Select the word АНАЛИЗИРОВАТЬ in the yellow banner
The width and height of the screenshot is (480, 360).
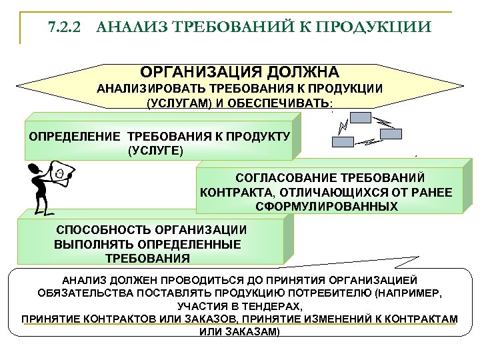tap(152, 89)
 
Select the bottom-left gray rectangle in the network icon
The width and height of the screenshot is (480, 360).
tap(344, 141)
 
